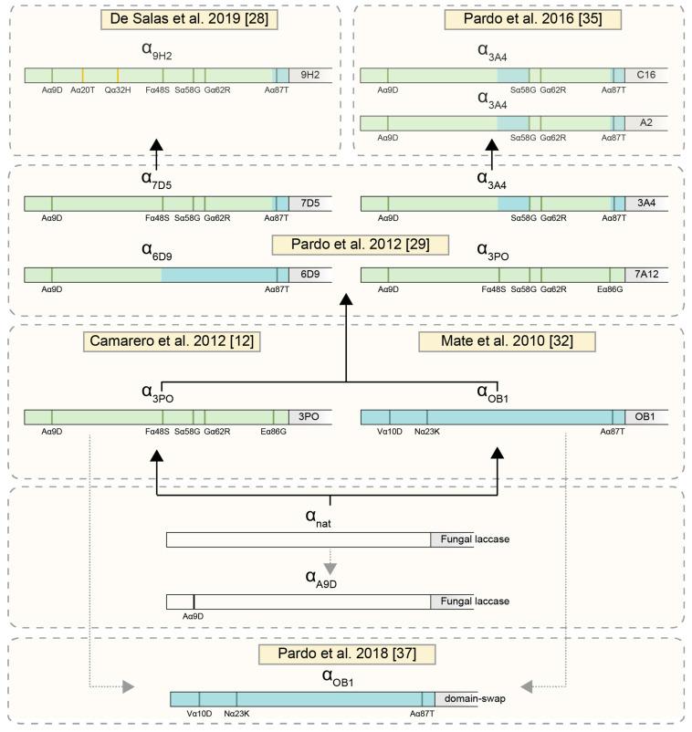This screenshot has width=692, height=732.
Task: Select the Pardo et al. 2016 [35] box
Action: (x=519, y=18)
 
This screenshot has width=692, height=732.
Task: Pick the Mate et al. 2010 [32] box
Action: (x=507, y=340)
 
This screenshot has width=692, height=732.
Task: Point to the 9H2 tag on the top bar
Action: (x=308, y=75)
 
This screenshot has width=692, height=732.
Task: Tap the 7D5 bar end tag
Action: (x=308, y=203)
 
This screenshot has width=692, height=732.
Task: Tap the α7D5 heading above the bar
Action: (x=156, y=179)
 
